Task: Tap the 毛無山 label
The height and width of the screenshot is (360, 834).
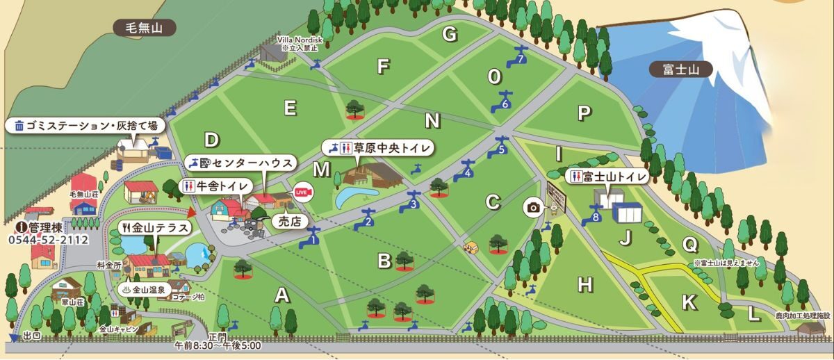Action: coord(145,28)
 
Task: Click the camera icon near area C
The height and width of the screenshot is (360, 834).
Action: coord(533,207)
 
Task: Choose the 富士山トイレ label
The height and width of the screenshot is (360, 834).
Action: coord(607,177)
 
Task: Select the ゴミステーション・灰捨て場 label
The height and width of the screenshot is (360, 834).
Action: coord(85,126)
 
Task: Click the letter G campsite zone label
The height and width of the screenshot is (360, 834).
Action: coord(450,33)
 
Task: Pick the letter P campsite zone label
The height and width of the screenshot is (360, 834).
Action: coord(584,113)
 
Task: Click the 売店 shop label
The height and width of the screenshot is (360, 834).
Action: coord(288,222)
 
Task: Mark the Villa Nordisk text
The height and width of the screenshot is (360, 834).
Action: coord(297,41)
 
